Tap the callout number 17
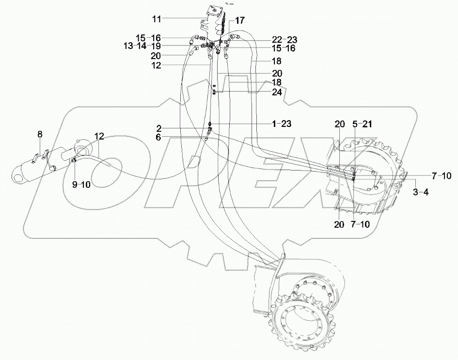240,20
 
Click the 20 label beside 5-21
339,124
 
